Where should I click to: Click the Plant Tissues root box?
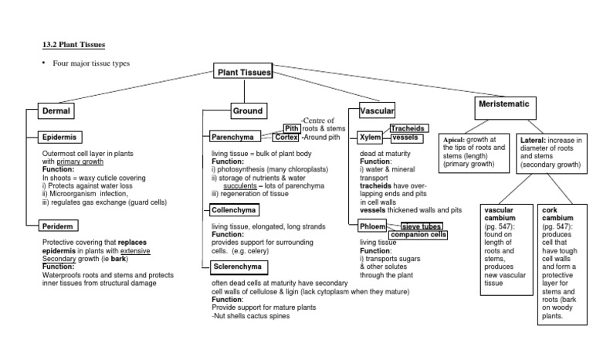pyautogui.click(x=243, y=73)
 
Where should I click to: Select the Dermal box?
pyautogui.click(x=56, y=110)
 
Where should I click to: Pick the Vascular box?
pyautogui.click(x=378, y=111)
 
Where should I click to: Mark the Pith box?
pyautogui.click(x=292, y=128)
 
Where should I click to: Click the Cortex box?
pyautogui.click(x=286, y=137)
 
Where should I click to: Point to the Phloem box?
pyautogui.click(x=373, y=226)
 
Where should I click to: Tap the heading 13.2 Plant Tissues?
pyautogui.click(x=73, y=45)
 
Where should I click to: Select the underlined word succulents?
pyautogui.click(x=241, y=185)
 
